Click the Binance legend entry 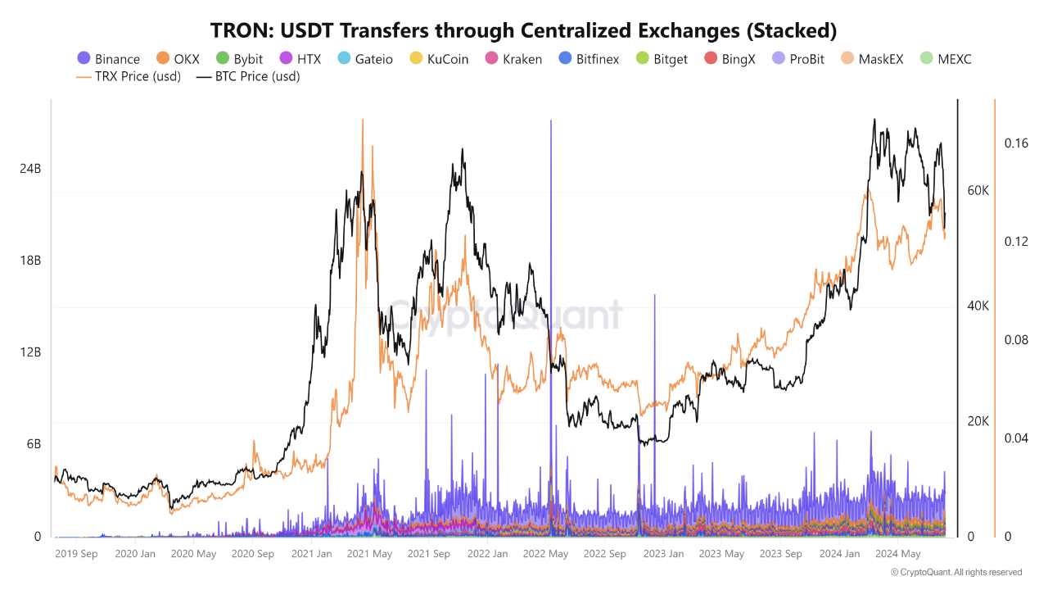tap(108, 59)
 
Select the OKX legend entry tap(178, 59)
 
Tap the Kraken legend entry tap(513, 59)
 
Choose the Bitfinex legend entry tap(588, 59)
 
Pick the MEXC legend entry tap(945, 59)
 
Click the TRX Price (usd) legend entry tap(129, 77)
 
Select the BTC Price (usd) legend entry tap(248, 77)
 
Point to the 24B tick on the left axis tap(30, 169)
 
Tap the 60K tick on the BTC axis tap(978, 191)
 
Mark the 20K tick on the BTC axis tap(978, 421)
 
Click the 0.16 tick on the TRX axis tap(1016, 143)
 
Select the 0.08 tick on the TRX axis tap(1016, 340)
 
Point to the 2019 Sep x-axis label tap(76, 554)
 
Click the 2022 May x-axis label tap(545, 554)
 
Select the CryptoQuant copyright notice tap(955, 572)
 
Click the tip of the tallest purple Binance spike tap(550, 121)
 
